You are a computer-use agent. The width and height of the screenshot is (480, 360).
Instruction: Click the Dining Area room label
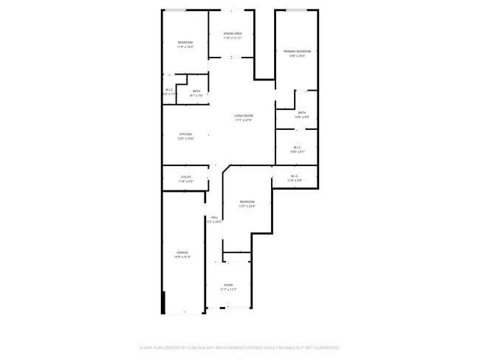pos(233,33)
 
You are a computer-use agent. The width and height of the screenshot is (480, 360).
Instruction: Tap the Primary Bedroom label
pos(297,51)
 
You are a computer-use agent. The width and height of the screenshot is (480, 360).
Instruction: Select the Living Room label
pos(244,116)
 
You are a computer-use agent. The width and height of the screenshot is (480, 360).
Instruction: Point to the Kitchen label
pos(185,134)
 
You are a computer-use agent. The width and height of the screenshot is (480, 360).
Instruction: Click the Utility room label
pos(185,177)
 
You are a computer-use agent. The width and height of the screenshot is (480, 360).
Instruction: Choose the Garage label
pos(182,252)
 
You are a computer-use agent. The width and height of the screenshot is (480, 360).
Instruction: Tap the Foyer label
pos(228,285)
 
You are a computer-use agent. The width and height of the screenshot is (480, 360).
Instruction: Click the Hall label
pos(214,218)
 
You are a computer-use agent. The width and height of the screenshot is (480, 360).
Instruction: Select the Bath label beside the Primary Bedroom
pos(301,113)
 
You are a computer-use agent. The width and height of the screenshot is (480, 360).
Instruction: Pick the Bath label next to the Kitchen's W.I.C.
pos(196,91)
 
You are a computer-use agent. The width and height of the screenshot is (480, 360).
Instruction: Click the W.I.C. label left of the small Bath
pos(169,90)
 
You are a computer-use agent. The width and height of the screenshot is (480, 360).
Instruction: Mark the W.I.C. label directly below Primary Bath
pos(296,148)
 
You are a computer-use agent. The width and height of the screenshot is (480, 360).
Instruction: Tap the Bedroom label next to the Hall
pos(247,202)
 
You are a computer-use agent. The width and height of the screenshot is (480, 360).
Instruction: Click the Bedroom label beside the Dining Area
pos(185,43)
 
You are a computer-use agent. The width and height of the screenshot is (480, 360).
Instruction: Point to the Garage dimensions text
pos(182,257)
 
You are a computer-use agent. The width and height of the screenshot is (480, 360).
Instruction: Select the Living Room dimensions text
pos(244,120)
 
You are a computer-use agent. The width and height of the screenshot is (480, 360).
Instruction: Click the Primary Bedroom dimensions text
pos(297,55)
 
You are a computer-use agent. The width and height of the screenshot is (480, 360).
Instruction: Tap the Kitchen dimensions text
pos(185,139)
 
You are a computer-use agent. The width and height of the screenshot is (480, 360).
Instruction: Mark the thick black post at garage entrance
pos(163,302)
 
